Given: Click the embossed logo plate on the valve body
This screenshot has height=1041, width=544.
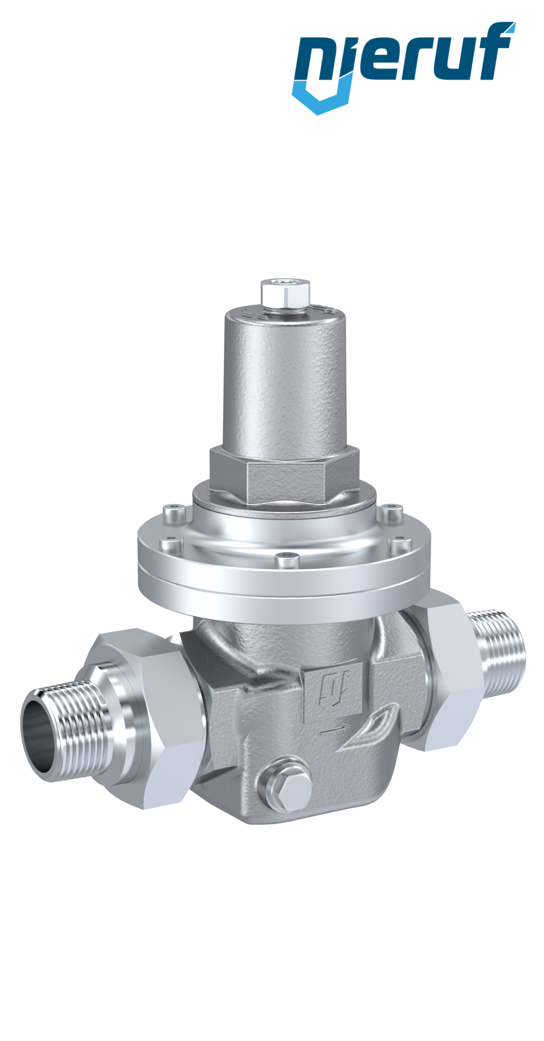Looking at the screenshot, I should coord(331,700).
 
